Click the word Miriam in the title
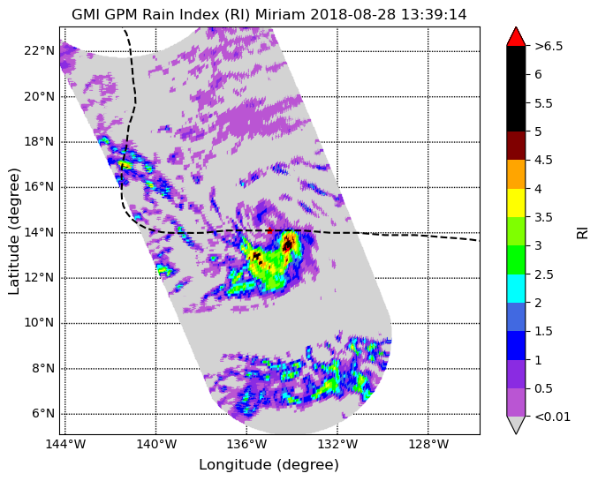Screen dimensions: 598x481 click(280, 14)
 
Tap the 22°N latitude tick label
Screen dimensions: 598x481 click(39, 50)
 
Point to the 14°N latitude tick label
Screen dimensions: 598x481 click(39, 232)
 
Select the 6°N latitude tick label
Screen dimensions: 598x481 click(43, 414)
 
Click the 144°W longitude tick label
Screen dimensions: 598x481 click(65, 445)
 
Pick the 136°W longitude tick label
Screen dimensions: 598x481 click(246, 445)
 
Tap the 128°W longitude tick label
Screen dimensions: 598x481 click(428, 445)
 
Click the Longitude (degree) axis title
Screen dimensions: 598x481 click(269, 465)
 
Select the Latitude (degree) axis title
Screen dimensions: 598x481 click(14, 231)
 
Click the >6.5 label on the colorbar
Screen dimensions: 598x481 click(549, 46)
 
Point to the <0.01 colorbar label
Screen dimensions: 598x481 click(553, 417)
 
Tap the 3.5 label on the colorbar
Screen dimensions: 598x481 click(543, 217)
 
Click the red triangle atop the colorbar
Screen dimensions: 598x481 click(516, 36)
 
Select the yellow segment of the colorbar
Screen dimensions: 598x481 click(516, 203)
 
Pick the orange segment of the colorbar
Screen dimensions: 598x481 click(516, 174)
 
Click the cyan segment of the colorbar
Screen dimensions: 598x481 click(516, 289)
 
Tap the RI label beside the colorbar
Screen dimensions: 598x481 click(583, 231)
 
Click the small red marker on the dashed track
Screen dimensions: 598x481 click(270, 230)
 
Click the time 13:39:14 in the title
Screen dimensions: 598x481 click(433, 14)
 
